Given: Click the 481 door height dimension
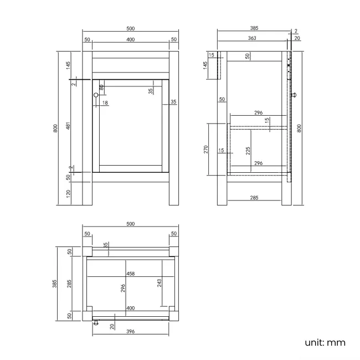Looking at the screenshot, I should click(x=68, y=127).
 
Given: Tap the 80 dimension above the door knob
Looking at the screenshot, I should click(x=101, y=87).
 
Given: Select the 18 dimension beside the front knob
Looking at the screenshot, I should click(x=105, y=103).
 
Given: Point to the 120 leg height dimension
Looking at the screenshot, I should click(x=68, y=193).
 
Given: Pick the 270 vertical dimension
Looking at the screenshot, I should click(x=205, y=149).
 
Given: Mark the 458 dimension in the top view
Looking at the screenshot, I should click(x=130, y=273).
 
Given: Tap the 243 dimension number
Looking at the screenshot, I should click(x=160, y=283).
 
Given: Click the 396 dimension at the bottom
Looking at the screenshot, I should click(x=130, y=332).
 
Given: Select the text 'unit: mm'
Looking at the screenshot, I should click(x=325, y=342).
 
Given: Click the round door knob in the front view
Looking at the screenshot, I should click(x=96, y=96).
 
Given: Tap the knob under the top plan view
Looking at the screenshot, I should click(x=95, y=323).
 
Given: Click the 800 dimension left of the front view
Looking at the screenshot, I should click(x=55, y=128).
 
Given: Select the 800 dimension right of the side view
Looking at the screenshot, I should click(x=300, y=128).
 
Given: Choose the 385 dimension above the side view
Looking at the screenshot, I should click(x=254, y=27).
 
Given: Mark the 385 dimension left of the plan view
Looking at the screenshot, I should click(x=55, y=284).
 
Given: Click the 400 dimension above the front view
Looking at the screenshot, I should click(x=130, y=39).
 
